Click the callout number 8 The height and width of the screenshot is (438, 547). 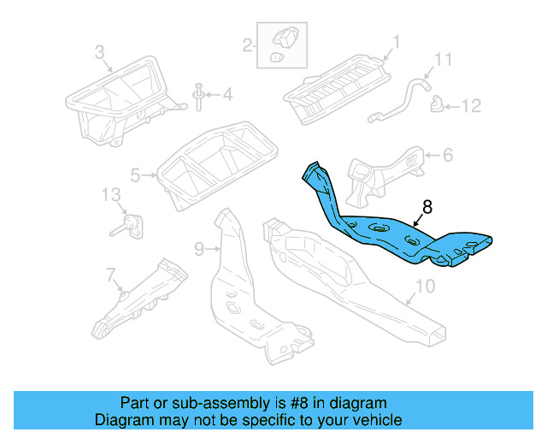(427, 206)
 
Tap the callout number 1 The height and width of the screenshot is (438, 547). (397, 40)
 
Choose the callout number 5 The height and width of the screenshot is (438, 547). (135, 176)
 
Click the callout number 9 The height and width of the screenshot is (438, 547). (199, 249)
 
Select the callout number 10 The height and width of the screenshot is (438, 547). (425, 286)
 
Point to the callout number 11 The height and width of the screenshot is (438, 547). (442, 59)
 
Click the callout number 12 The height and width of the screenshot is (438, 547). (472, 106)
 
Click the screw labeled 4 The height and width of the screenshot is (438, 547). (198, 98)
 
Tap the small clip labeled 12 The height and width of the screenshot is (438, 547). (437, 105)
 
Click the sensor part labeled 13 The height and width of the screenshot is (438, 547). (129, 226)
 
